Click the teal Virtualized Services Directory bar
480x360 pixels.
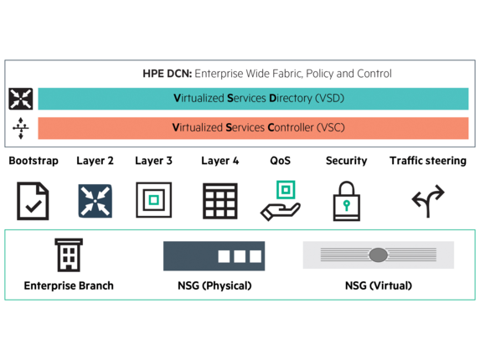click(253, 99)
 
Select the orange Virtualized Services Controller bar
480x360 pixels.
click(253, 128)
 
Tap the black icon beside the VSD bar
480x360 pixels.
click(20, 99)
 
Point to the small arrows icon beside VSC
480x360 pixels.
click(21, 128)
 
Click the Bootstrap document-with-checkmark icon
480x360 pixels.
click(33, 201)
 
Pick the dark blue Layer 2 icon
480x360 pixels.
click(95, 201)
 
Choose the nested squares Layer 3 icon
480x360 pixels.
click(153, 200)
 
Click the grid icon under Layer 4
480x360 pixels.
click(220, 201)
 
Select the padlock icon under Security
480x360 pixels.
click(347, 201)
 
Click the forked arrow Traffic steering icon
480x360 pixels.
click(428, 201)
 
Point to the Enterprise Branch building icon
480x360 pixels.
click(69, 255)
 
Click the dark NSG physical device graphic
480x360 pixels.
click(214, 256)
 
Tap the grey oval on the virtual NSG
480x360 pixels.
click(379, 255)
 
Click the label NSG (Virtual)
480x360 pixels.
click(379, 285)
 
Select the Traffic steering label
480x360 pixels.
click(428, 161)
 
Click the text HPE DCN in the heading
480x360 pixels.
click(168, 74)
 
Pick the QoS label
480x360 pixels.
click(280, 161)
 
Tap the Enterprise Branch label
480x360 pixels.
click(69, 285)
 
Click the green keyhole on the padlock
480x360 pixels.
click(347, 205)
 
